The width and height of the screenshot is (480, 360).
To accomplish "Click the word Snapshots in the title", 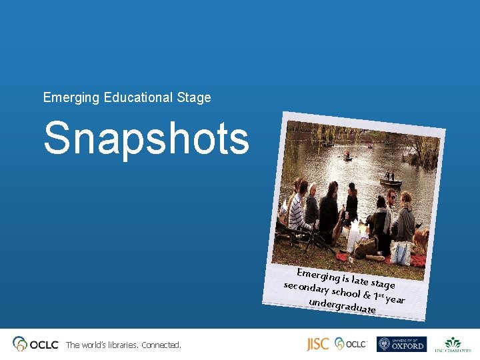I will point(146,138).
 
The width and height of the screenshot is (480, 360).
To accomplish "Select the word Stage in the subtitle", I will point(194,98).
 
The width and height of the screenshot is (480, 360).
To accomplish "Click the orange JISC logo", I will point(317,344).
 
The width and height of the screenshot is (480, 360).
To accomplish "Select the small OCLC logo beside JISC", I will point(351,344).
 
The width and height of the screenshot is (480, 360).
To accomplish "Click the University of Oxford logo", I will point(401,344).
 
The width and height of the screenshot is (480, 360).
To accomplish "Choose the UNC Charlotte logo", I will point(453,345).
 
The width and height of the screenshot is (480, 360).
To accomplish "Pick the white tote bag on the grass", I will point(403,251).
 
